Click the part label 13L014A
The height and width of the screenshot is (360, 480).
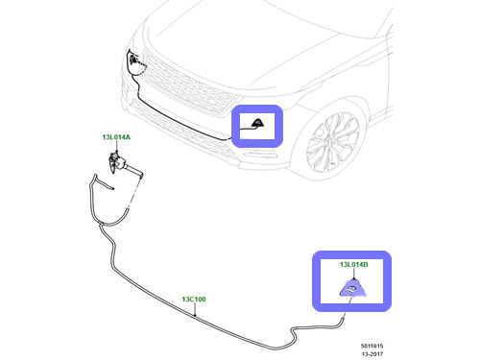(x=116, y=137)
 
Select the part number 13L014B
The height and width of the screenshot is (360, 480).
(x=353, y=265)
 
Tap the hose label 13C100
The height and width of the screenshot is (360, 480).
(x=194, y=300)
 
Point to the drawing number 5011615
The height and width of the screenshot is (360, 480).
(x=372, y=346)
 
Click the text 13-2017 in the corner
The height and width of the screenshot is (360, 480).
(x=372, y=354)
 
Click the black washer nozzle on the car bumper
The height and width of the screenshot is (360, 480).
(x=257, y=123)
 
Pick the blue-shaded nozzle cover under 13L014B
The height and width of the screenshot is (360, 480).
(x=351, y=289)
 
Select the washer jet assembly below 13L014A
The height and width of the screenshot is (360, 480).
(x=123, y=164)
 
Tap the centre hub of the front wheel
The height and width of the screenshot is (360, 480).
(x=333, y=142)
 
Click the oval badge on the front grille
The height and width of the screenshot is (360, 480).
(x=213, y=101)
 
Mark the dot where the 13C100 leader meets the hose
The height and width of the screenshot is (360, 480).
(x=195, y=315)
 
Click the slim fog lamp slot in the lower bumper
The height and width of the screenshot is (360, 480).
(x=260, y=155)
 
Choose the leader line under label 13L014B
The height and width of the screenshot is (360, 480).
(x=354, y=275)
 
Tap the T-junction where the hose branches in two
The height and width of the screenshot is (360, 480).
(x=101, y=224)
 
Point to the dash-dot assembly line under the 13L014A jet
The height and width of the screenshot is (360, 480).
(x=135, y=193)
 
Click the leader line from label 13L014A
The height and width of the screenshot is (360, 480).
(x=117, y=146)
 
